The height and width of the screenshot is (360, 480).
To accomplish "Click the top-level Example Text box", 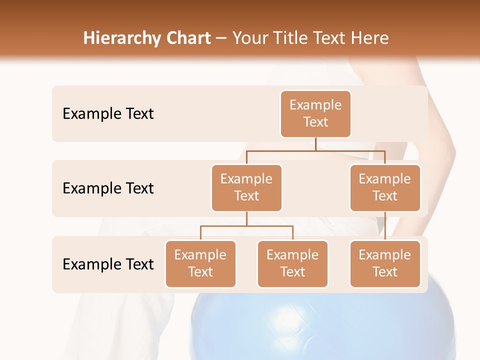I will point(315,114).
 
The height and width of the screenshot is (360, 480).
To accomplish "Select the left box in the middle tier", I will point(246,188).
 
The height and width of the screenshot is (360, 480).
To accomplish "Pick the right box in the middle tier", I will point(385,188).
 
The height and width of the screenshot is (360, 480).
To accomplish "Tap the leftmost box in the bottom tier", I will point(200,264).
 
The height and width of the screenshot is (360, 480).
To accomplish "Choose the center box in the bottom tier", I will point(292,264).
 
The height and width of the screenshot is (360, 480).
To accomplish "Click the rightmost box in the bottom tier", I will point(385,264).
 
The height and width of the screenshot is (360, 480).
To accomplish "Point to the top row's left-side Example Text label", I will point(108,114).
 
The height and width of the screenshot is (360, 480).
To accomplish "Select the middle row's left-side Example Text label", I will point(108,188).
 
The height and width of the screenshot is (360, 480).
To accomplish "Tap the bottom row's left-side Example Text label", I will point(108,264).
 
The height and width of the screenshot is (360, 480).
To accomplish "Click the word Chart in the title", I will point(186,38).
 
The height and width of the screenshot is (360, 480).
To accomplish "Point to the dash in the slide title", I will point(221,38).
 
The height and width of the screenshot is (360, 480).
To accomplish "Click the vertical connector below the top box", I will point(315,144).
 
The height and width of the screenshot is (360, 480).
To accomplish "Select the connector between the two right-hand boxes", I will point(385,226).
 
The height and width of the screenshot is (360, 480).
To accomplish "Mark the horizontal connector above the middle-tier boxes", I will point(315,150).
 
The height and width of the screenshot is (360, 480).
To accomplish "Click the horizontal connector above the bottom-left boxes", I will point(246,226).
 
